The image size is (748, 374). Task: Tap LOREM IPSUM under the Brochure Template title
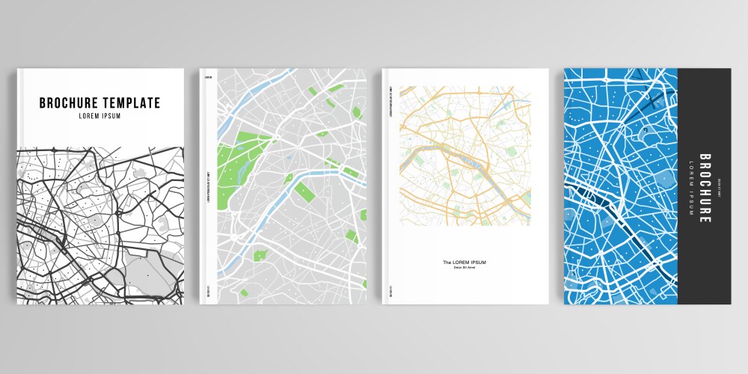99,116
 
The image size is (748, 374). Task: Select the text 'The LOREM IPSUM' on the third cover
465,262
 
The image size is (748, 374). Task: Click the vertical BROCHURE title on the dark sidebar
705,188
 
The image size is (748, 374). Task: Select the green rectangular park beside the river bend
304,191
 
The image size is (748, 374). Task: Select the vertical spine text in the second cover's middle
207,187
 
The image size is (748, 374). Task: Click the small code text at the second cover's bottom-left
207,292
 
